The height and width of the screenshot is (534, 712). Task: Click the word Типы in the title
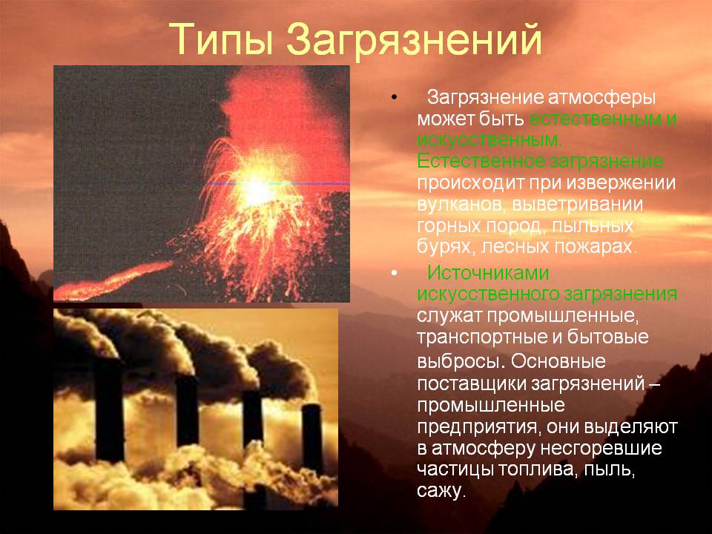tap(221, 39)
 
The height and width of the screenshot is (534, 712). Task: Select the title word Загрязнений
tap(414, 40)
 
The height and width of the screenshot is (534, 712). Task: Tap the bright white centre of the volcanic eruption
tap(257, 191)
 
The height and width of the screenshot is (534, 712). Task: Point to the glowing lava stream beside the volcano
tap(113, 282)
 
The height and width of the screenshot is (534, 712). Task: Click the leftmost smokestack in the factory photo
tap(109, 410)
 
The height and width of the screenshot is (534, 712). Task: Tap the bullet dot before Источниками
tap(394, 274)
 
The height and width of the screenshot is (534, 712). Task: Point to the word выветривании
tap(578, 205)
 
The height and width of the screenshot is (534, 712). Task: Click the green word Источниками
tap(488, 274)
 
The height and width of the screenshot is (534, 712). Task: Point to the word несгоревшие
tap(601, 449)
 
